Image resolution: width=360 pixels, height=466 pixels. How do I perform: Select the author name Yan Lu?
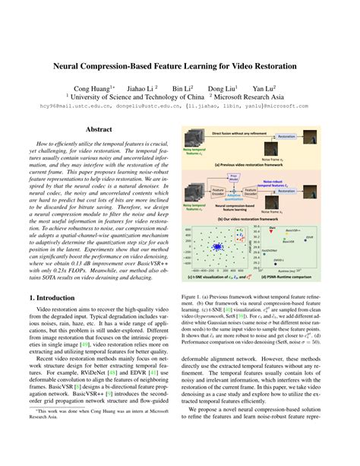[x=263, y=87]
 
